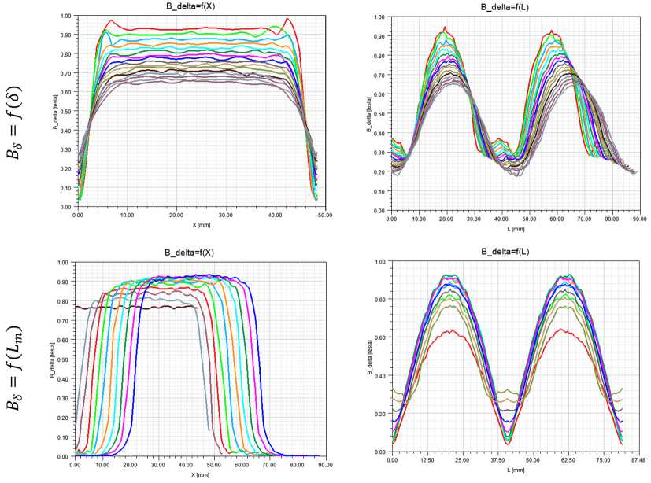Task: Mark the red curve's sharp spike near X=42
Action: [x=287, y=19]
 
